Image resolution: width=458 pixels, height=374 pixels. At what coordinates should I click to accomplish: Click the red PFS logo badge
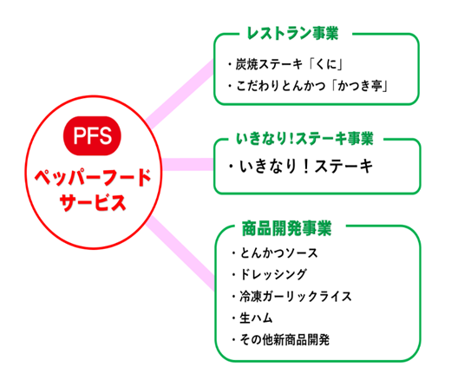pos(92,135)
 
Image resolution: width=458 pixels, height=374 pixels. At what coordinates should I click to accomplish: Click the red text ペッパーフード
pos(93,177)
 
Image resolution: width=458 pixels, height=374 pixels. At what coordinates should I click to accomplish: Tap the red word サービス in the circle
pos(93,202)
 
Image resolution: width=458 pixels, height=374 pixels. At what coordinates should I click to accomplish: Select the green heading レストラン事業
pos(292,33)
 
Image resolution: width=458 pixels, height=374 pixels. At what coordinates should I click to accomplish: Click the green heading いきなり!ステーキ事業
pos(304,138)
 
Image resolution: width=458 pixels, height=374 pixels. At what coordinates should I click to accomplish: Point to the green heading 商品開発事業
pos(287,228)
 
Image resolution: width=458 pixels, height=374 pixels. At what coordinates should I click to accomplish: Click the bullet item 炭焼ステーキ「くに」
pos(285,64)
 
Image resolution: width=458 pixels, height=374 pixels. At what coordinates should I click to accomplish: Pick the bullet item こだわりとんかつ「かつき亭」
pos(308,86)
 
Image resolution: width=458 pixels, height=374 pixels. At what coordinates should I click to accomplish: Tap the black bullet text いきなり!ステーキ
pos(301,166)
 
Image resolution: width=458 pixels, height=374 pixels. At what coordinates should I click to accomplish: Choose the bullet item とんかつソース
pos(275,253)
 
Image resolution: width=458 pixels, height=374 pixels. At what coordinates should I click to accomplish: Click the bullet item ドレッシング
pos(269,275)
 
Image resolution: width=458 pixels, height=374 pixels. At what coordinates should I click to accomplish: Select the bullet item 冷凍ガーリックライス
pos(291,296)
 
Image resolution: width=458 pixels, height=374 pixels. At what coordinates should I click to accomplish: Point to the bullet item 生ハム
pos(252,318)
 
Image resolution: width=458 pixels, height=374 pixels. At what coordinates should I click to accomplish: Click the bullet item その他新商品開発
pos(280,339)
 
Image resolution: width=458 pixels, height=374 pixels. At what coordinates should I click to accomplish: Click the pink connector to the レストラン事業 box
pos(180,94)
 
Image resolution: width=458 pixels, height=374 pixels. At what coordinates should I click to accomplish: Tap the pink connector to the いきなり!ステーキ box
pos(187,164)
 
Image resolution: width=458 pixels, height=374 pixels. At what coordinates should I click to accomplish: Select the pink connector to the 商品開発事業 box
pos(180,253)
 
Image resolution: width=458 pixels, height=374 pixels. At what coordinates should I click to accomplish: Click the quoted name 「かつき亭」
pos(360,86)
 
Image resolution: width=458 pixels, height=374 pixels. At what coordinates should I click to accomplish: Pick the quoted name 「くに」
pos(326,64)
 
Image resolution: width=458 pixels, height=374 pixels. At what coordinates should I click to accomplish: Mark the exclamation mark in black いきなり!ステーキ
pos(305,166)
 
